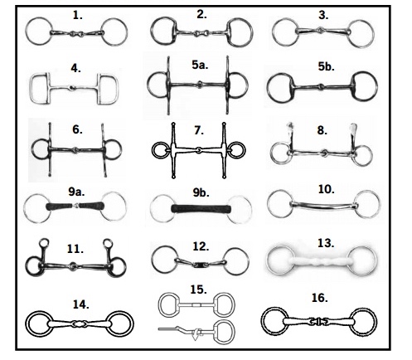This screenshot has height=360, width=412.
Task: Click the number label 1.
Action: tap(78, 15)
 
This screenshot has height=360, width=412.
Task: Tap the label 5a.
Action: tap(200, 65)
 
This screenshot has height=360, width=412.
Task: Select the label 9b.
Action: tap(201, 192)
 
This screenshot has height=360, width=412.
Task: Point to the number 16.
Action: tap(319, 298)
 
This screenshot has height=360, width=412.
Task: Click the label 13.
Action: tap(326, 243)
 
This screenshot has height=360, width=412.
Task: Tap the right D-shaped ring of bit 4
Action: tap(118, 89)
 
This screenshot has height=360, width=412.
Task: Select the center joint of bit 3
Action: tap(320, 29)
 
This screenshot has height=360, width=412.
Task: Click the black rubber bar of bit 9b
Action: tap(201, 208)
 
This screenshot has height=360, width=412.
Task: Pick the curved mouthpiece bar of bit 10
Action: tap(322, 206)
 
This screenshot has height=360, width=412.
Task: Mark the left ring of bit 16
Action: tap(263, 322)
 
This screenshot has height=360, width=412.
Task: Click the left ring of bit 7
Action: tap(153, 150)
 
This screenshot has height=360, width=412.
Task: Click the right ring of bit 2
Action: tap(251, 32)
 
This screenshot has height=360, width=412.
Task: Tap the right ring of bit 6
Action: tap(120, 149)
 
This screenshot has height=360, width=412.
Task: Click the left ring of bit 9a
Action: tap(25, 207)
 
